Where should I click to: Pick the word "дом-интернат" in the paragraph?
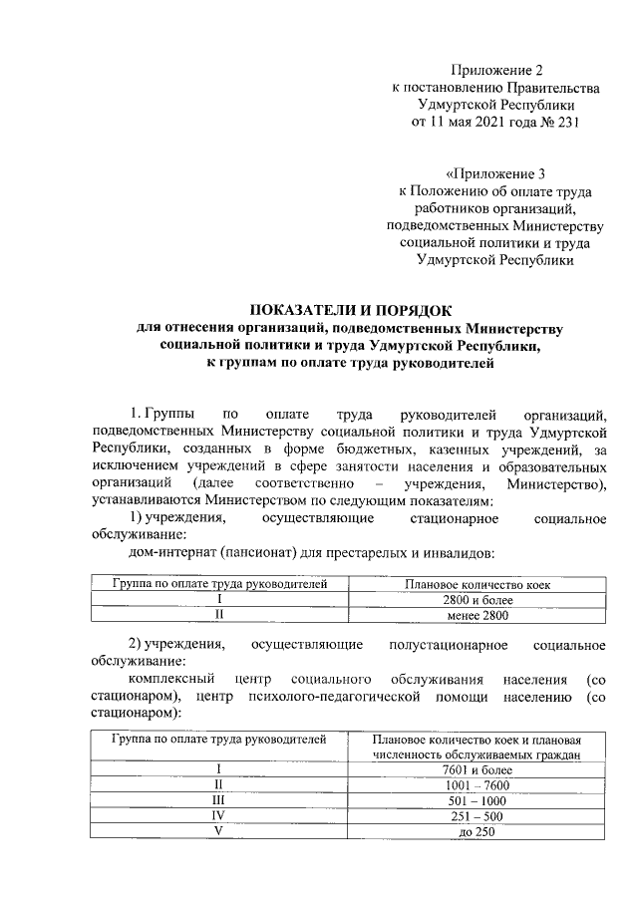pyautogui.click(x=175, y=553)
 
